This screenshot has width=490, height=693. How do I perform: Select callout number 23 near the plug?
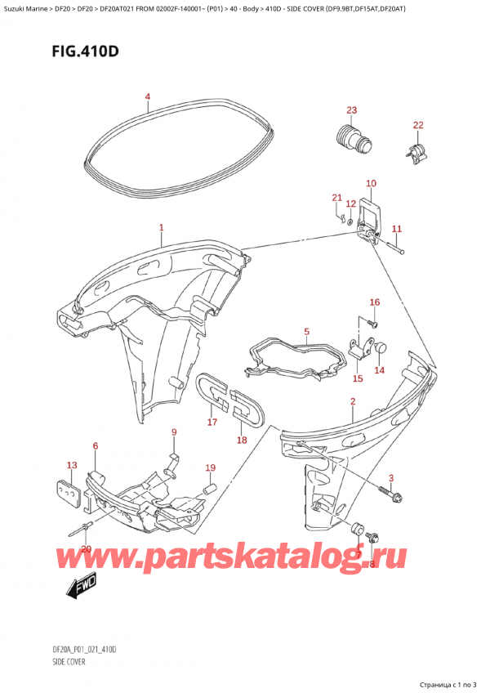(x=352, y=110)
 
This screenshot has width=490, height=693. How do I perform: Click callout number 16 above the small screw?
(x=374, y=302)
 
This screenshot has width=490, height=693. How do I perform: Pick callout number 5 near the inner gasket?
(x=306, y=332)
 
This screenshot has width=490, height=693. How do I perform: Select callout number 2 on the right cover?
(x=352, y=401)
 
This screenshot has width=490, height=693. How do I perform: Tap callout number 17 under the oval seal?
(x=212, y=423)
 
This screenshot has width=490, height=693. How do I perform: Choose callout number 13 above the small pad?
(x=72, y=465)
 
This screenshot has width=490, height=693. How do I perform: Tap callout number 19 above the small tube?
(x=210, y=468)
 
